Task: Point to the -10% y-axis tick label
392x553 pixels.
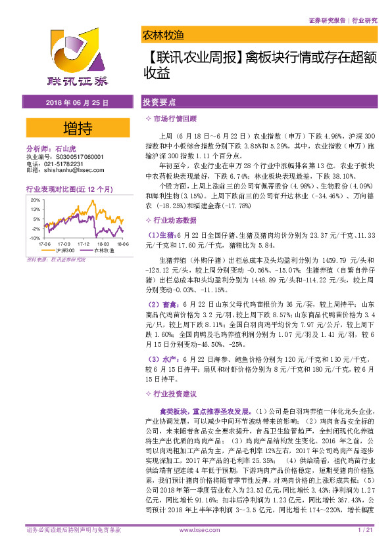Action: point(33,238)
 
